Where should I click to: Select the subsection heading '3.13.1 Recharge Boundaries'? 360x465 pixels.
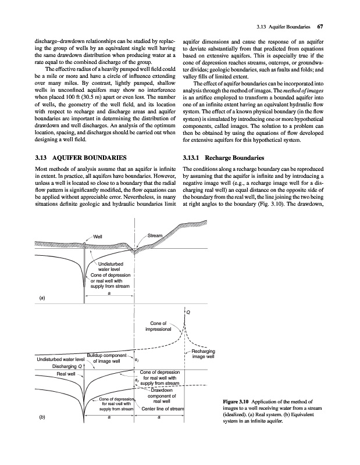tap(224, 158)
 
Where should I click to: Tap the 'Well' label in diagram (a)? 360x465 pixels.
tap(98, 236)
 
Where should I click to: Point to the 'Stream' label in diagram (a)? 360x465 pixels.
tap(155, 235)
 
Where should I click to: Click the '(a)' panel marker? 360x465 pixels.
tap(41, 298)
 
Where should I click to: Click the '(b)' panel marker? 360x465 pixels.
tap(41, 417)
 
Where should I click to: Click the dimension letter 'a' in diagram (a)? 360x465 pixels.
tap(109, 293)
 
